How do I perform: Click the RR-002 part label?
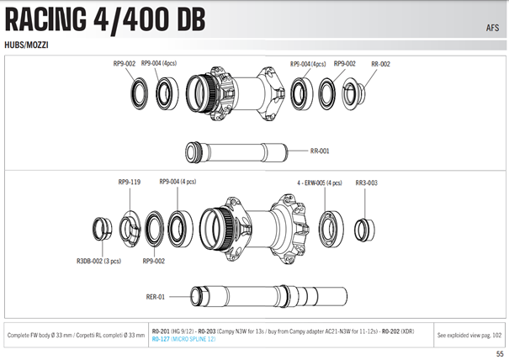(381, 63)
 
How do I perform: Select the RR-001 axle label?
(320, 151)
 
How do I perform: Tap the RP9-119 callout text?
(129, 182)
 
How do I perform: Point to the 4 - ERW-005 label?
(320, 183)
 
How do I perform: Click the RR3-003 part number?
(367, 183)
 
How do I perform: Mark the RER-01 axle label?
(156, 296)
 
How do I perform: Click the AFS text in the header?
(491, 26)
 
